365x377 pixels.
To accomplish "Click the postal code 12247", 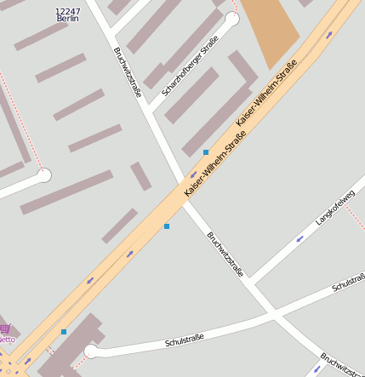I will (x=67, y=11).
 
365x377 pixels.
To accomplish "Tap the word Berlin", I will (x=67, y=19).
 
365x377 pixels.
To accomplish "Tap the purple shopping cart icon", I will (x=4, y=328).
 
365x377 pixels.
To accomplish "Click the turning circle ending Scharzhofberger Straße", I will (x=231, y=18).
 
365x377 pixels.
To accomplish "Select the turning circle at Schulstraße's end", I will (x=91, y=351).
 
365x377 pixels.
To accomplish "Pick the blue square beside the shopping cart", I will (x=63, y=331).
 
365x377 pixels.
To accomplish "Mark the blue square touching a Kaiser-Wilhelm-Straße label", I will (x=206, y=151).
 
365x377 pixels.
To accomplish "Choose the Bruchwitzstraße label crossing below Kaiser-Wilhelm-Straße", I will (x=225, y=254).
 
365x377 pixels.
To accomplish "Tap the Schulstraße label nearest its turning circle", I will (x=185, y=341).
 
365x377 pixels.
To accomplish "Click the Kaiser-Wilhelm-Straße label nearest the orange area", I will (x=266, y=94).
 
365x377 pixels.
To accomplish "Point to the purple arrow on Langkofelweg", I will (x=299, y=239).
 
